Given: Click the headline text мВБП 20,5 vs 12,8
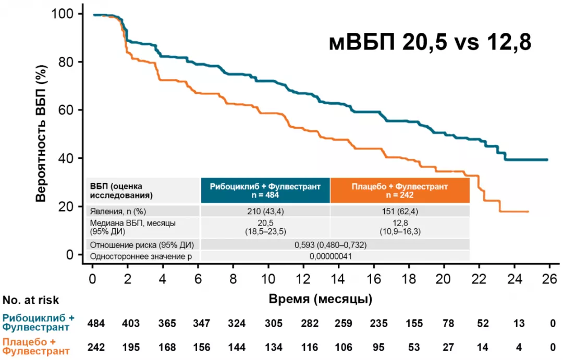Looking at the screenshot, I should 430,42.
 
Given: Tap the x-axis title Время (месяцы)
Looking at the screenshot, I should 321,300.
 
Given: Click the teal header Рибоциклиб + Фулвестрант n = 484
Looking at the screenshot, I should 265,190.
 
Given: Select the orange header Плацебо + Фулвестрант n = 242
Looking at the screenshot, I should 400,190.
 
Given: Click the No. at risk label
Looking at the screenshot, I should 31,300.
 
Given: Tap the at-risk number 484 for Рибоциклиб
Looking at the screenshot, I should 96,324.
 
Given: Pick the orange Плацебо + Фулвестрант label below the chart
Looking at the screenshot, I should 36,346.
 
